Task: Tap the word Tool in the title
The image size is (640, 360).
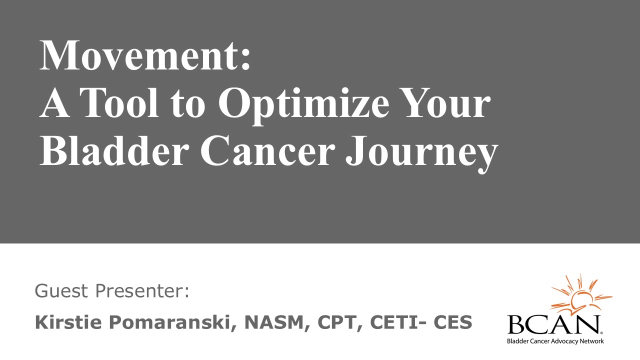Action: coord(119,102)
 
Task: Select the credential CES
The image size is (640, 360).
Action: coord(452,322)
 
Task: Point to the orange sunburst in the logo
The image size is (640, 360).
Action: coord(580,297)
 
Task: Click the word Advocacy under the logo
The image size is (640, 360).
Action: coord(565,341)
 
